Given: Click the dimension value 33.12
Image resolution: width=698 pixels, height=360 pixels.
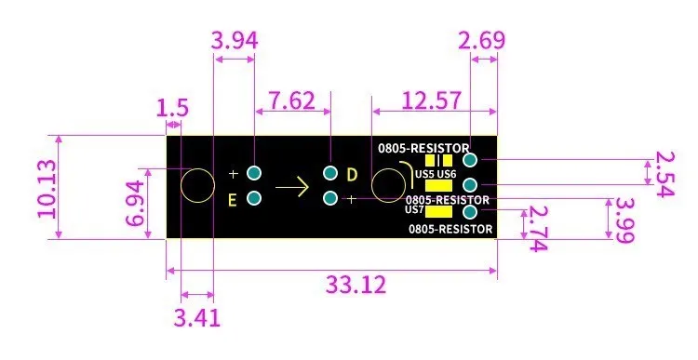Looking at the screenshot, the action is pyautogui.click(x=356, y=285).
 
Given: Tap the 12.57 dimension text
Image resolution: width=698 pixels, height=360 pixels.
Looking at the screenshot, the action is pyautogui.click(x=431, y=100).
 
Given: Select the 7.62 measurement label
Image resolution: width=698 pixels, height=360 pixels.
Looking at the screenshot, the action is pyautogui.click(x=292, y=100).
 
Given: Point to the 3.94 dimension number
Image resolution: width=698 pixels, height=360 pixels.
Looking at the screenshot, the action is pyautogui.click(x=235, y=41).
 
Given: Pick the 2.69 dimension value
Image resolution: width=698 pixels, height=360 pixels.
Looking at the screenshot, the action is pyautogui.click(x=482, y=41).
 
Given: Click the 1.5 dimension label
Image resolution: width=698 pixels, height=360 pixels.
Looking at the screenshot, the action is pyautogui.click(x=172, y=108).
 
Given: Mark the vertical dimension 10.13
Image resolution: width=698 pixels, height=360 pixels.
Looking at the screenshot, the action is pyautogui.click(x=47, y=189).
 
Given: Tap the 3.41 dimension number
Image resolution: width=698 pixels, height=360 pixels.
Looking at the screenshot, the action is pyautogui.click(x=196, y=318).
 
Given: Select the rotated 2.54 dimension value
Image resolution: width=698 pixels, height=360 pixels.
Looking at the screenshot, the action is pyautogui.click(x=664, y=174).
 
